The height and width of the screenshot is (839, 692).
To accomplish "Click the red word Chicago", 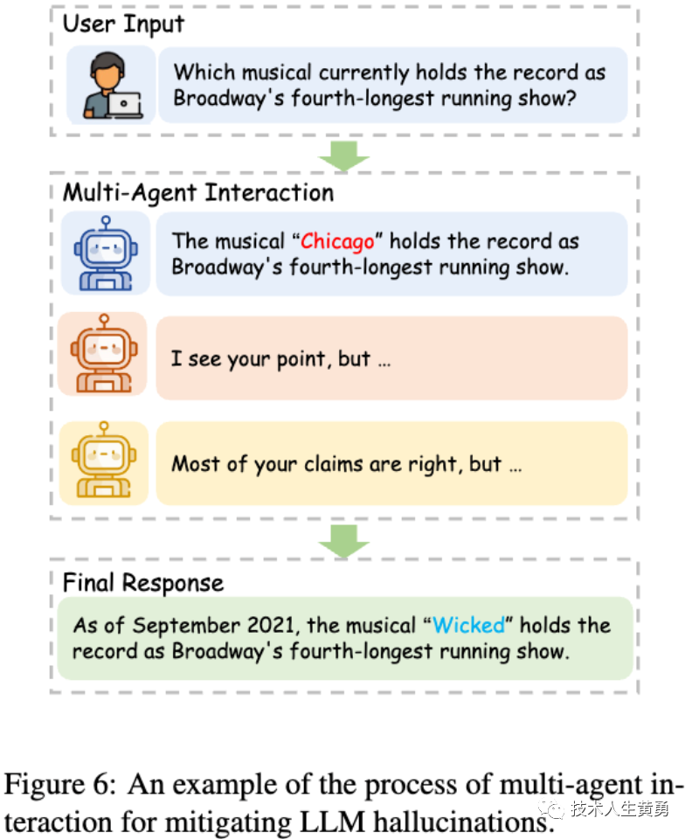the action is (337, 241).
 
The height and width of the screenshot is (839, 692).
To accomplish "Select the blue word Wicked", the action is (469, 625).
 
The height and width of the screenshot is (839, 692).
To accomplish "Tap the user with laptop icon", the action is (111, 86).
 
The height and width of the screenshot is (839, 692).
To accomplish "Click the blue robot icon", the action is (105, 253).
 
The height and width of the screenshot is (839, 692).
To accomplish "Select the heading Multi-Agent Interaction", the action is (197, 192).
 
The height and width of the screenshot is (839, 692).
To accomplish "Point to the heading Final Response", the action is (142, 582).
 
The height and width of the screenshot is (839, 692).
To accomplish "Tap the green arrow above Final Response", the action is (344, 542).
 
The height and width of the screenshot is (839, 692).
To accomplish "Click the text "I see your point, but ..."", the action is (280, 359).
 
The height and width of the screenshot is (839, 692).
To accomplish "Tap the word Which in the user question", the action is (204, 73).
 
